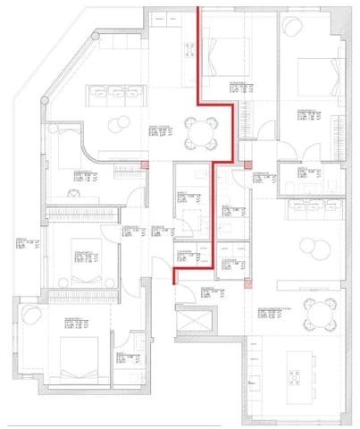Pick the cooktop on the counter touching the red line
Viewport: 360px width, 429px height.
188,50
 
